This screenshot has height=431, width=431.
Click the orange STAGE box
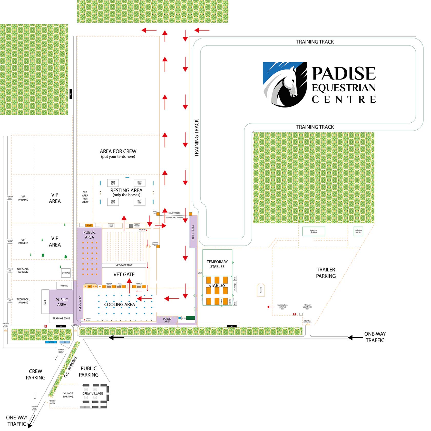click(x=89, y=225)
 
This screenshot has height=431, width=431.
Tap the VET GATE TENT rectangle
click(x=124, y=265)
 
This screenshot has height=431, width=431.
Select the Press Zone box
click(x=111, y=226)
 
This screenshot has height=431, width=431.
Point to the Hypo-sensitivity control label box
click(x=137, y=226)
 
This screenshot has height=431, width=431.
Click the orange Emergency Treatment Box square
click(x=158, y=246)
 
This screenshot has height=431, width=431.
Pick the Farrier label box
click(x=184, y=318)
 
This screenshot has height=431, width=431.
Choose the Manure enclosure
click(x=261, y=290)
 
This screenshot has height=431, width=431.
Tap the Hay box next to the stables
click(x=235, y=303)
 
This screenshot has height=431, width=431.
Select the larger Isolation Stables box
click(x=314, y=231)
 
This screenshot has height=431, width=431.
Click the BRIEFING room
click(x=64, y=286)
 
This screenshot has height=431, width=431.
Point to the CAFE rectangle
click(x=45, y=302)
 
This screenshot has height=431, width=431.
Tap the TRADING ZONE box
click(x=61, y=318)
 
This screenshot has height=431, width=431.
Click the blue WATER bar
click(x=51, y=342)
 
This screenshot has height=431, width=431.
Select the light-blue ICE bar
click(x=65, y=342)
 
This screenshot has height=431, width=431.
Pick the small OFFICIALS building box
click(x=66, y=273)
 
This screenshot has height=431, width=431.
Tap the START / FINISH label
click(x=174, y=213)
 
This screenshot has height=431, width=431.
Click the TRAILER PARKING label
click(x=326, y=273)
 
